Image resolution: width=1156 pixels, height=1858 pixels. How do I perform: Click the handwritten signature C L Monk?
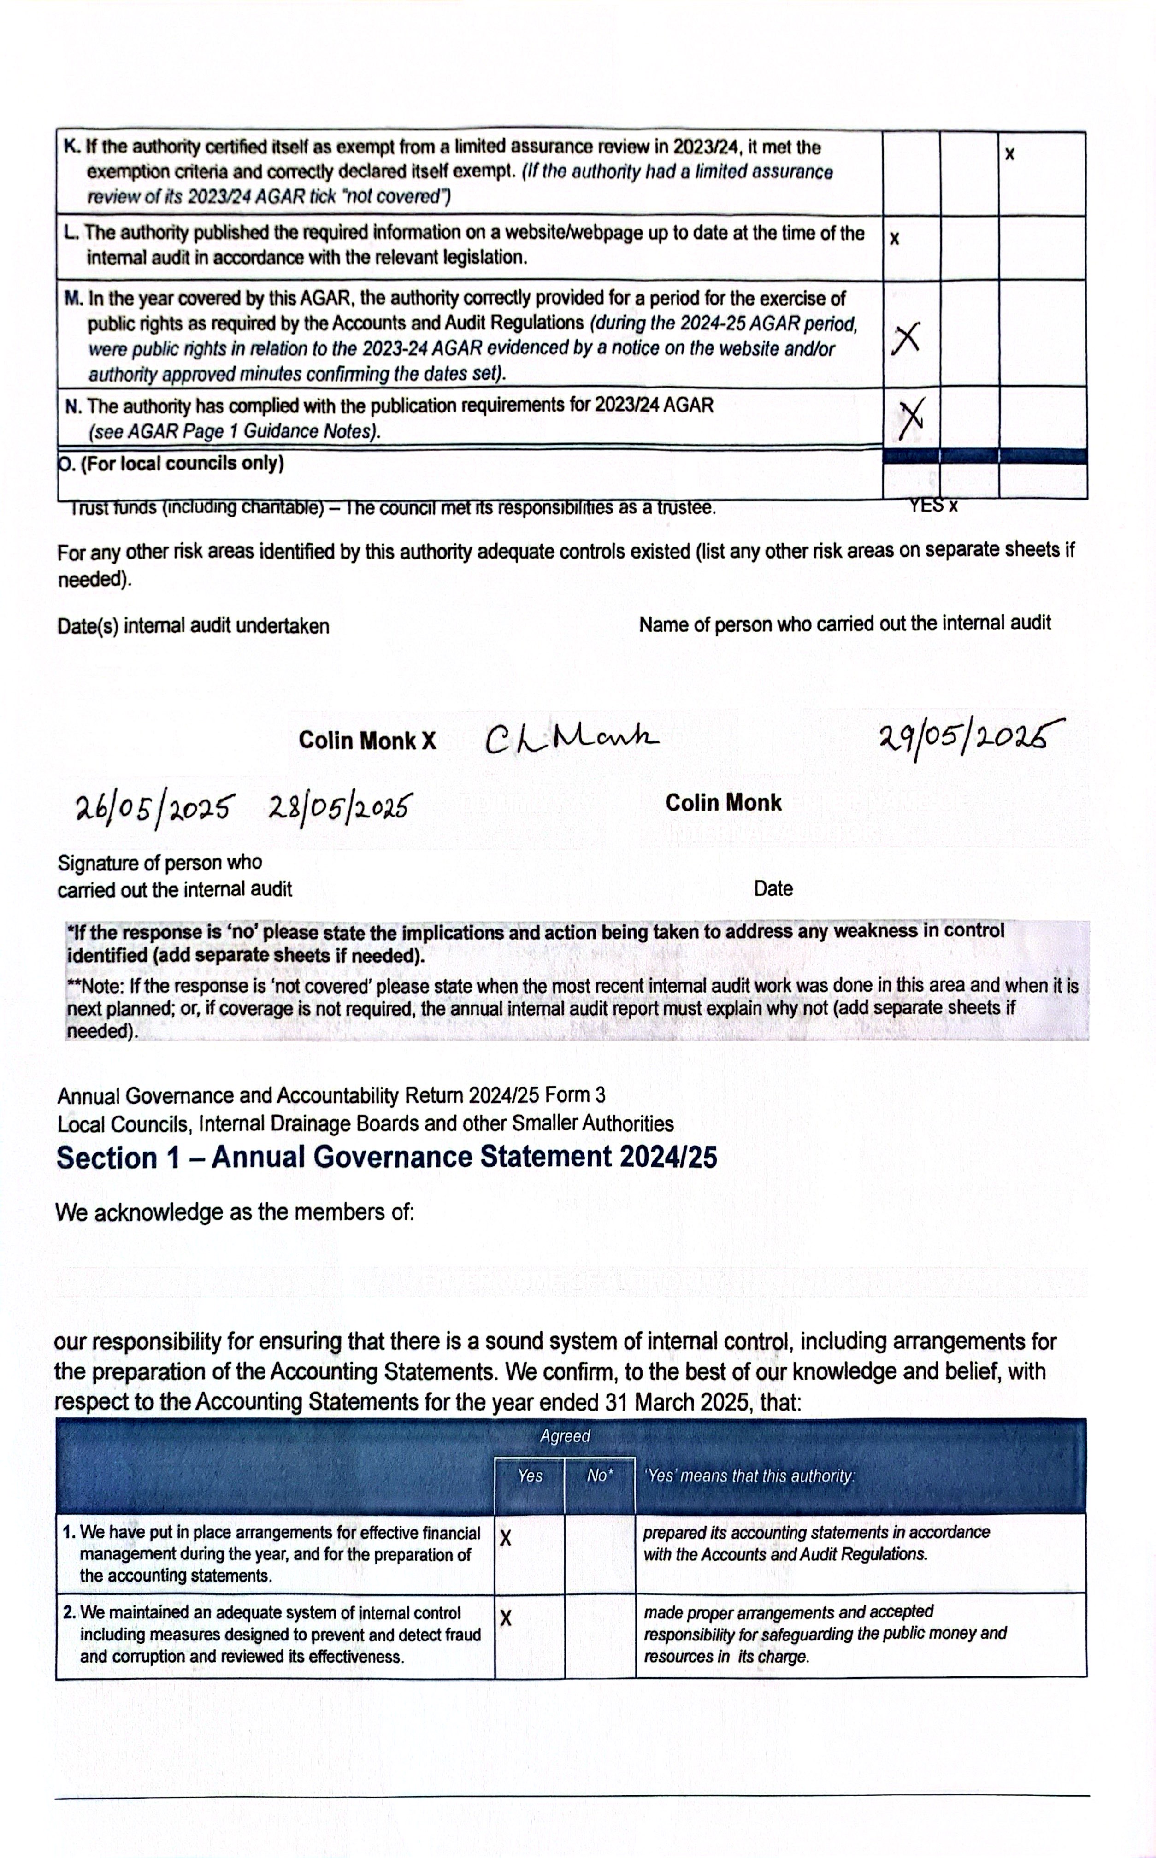click(x=572, y=738)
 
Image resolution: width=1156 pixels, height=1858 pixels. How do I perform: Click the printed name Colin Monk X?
click(x=367, y=741)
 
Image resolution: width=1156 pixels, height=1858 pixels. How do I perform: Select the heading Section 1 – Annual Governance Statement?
click(x=387, y=1157)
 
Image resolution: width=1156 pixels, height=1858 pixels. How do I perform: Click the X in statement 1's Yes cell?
click(x=505, y=1538)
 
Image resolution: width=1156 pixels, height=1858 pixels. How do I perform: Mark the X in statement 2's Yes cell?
click(x=505, y=1618)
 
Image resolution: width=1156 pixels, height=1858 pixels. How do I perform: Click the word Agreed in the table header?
click(x=565, y=1436)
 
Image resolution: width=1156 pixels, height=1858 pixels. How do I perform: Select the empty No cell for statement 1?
click(x=599, y=1553)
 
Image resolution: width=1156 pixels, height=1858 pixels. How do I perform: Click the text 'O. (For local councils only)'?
click(x=171, y=464)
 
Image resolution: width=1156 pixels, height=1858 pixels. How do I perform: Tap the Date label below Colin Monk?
click(x=773, y=889)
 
